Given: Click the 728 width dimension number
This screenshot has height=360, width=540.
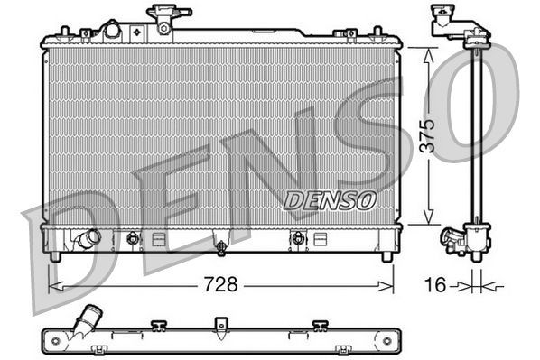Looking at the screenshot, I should tap(221, 285).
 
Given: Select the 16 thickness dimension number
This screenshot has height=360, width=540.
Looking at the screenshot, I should tap(434, 285).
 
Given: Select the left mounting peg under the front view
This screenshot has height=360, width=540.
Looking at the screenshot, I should tap(56, 256).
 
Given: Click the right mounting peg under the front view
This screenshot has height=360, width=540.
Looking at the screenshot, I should tap(387, 256).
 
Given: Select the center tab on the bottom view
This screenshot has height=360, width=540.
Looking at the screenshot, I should tap(218, 323).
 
